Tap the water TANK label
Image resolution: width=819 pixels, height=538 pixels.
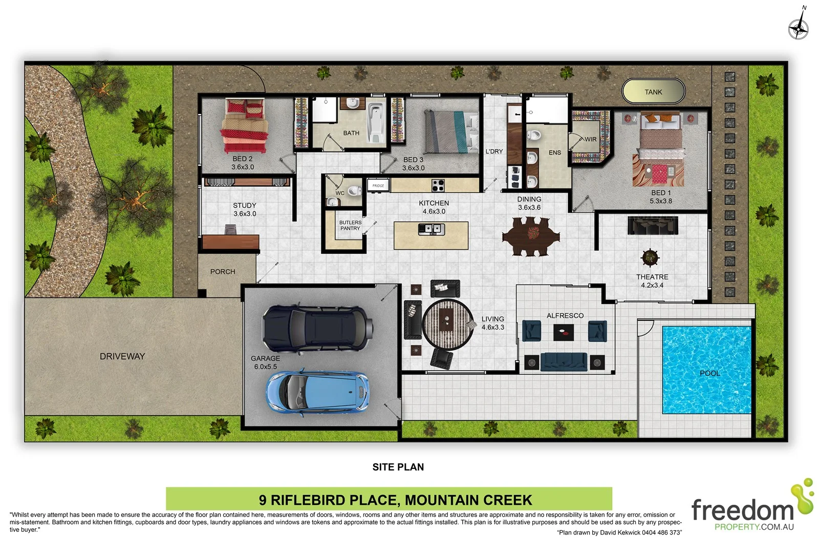coord(653,92)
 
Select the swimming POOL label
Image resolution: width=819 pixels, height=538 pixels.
coord(709,373)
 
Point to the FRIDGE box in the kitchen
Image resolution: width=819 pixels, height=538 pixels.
coord(378,185)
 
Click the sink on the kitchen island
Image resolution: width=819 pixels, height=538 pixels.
coord(432,229)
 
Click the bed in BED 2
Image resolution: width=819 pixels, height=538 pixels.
coord(244,125)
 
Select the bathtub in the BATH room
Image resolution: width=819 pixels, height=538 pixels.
coord(376,122)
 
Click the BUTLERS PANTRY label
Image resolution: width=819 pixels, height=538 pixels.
coord(350,225)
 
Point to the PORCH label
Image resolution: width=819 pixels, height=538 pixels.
coord(223,272)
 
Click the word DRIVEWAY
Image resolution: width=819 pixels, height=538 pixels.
coord(122,356)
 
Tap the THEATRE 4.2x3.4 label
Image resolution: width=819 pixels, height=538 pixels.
coord(652,281)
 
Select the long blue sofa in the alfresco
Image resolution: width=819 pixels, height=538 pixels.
coord(564,362)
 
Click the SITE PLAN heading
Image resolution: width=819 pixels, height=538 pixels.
coord(398,467)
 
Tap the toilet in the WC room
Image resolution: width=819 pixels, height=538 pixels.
coord(354,191)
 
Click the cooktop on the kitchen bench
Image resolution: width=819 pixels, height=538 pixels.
coord(437,185)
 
